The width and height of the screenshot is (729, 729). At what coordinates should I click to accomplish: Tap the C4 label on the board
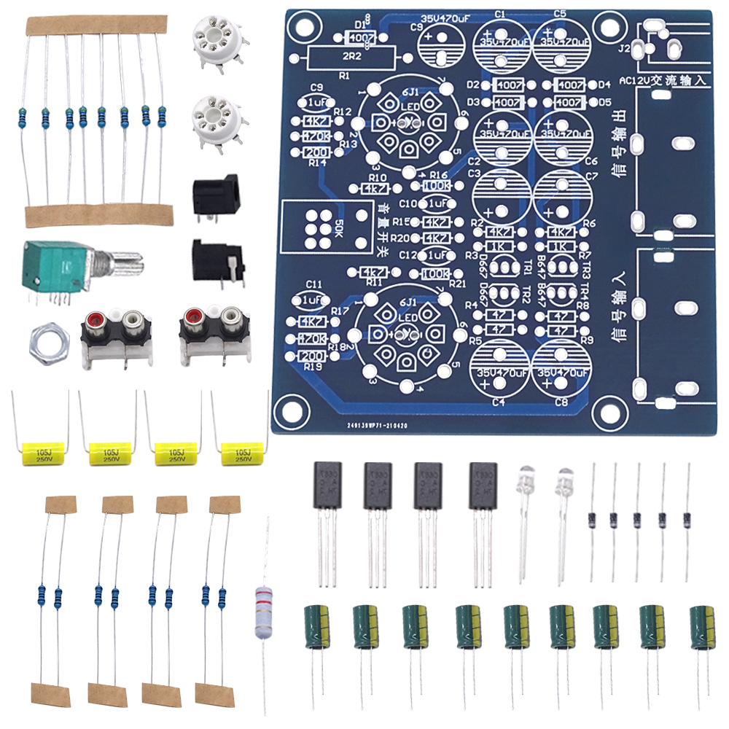pyautogui.click(x=499, y=402)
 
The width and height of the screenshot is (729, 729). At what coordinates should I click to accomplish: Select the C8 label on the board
pyautogui.click(x=561, y=402)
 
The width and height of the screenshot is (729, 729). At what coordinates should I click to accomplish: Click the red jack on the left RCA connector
pyautogui.click(x=93, y=319)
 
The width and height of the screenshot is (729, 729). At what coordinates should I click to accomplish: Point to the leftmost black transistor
pyautogui.click(x=327, y=486)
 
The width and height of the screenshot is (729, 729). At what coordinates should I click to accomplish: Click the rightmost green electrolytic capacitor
pyautogui.click(x=703, y=627)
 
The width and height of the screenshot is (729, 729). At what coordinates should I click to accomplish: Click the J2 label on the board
pyautogui.click(x=623, y=50)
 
